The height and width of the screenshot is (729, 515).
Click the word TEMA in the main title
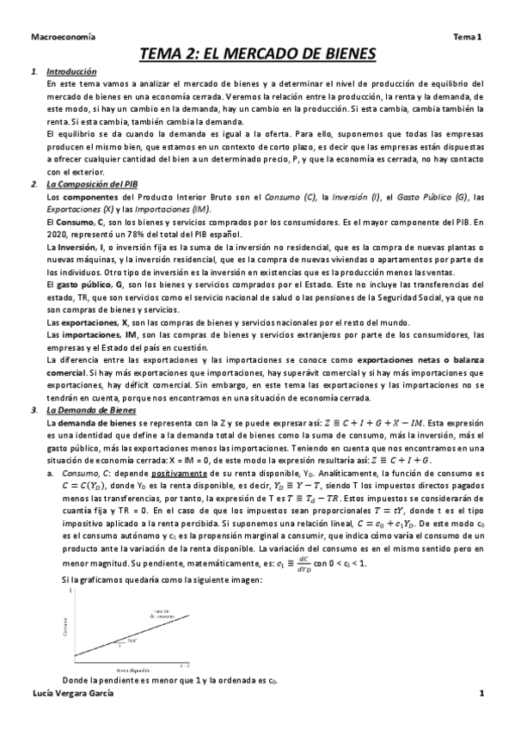(x=167, y=53)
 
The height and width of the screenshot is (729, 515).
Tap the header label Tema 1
(x=469, y=36)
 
